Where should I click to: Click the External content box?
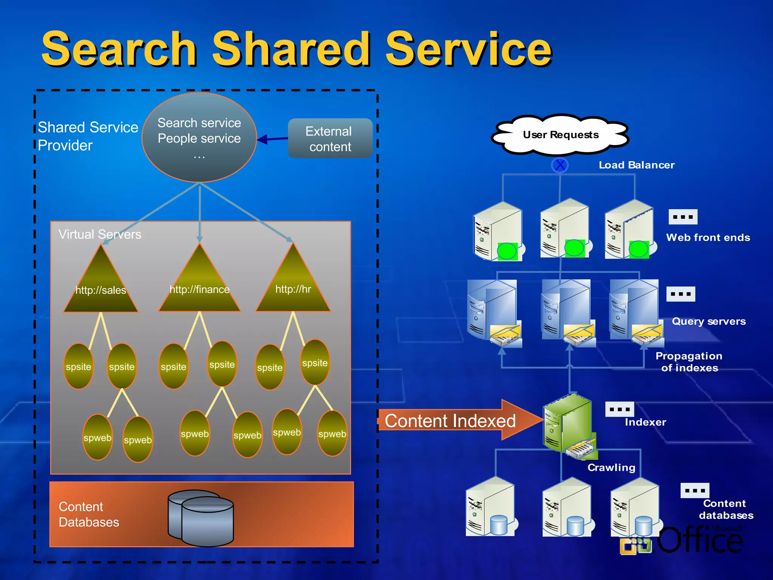pyautogui.click(x=330, y=139)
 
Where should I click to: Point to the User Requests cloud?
pyautogui.click(x=561, y=135)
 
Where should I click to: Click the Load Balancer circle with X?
pyautogui.click(x=560, y=165)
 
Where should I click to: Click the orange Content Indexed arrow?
pyautogui.click(x=453, y=420)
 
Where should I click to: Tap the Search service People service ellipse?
pyautogui.click(x=199, y=137)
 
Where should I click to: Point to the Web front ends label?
pyautogui.click(x=708, y=238)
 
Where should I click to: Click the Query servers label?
pyautogui.click(x=709, y=321)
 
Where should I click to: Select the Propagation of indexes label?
pyautogui.click(x=689, y=362)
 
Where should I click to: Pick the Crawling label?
pyautogui.click(x=611, y=467)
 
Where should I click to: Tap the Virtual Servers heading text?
pyautogui.click(x=100, y=234)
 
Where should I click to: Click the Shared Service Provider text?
pyautogui.click(x=88, y=136)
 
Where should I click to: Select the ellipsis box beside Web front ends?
pyautogui.click(x=683, y=217)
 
